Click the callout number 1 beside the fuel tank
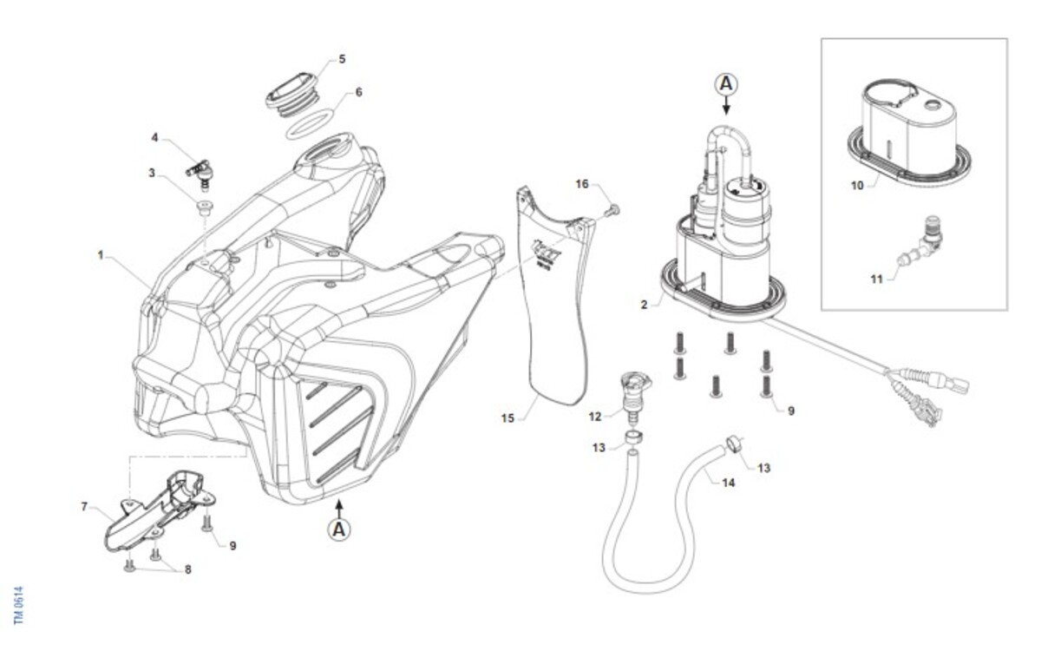click(101, 256)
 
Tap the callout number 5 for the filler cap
click(342, 59)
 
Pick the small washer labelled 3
click(204, 207)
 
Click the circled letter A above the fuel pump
click(726, 83)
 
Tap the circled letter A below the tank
click(339, 527)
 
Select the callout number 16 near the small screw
click(582, 184)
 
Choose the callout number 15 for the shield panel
click(508, 418)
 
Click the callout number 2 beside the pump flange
click(645, 305)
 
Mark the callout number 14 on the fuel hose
click(729, 482)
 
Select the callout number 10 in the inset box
click(857, 185)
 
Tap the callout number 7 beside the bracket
click(84, 505)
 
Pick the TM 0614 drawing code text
click(18, 604)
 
